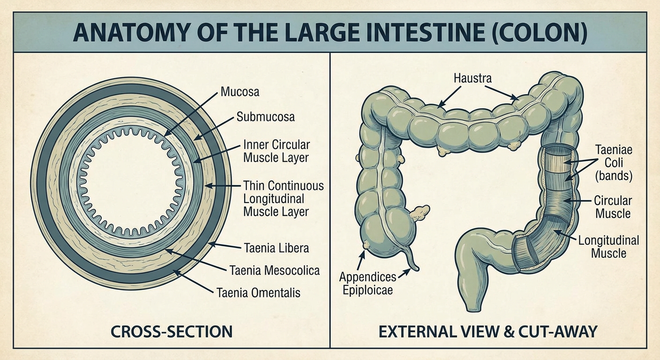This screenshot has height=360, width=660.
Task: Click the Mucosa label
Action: point(240,92)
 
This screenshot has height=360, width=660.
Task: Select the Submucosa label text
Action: point(265,117)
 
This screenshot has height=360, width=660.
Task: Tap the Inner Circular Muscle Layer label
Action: point(277,151)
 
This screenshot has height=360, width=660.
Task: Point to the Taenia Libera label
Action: point(277,248)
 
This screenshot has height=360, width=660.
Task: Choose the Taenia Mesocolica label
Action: point(275,270)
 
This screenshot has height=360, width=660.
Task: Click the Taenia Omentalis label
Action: point(258,292)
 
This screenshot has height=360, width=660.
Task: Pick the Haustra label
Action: point(472,78)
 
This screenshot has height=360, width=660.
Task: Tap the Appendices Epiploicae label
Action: point(367,284)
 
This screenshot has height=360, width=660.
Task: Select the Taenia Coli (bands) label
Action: point(614,163)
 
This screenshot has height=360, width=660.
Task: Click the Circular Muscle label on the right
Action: point(613,207)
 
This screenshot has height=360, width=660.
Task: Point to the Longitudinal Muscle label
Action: point(609,247)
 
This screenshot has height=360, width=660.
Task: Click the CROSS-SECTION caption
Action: point(172,331)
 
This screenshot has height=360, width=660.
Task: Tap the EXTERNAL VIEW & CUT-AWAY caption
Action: point(487,331)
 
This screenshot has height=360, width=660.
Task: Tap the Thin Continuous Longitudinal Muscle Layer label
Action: point(284,199)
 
